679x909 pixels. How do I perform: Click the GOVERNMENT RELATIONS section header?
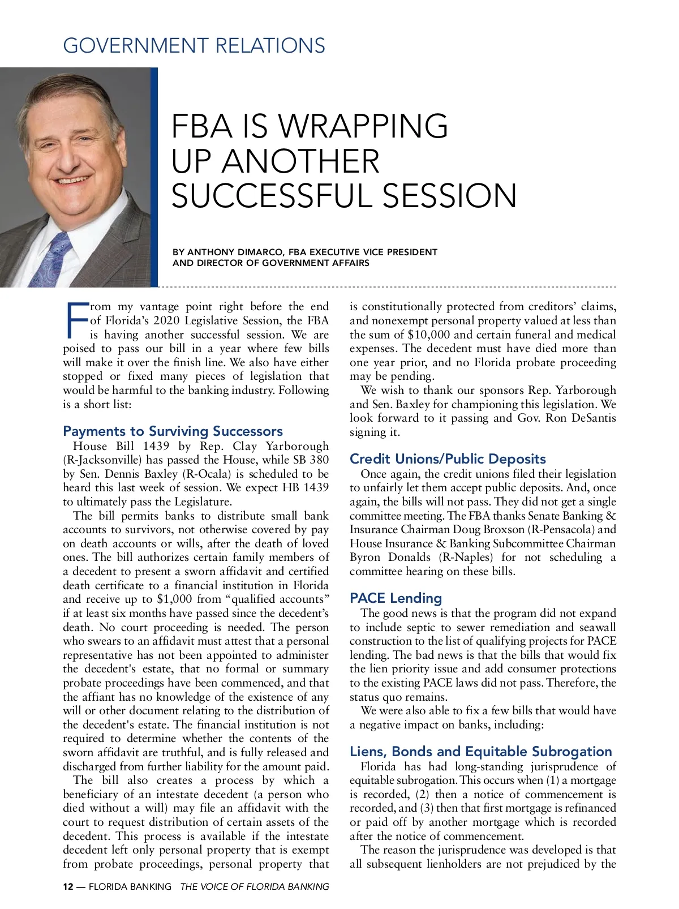(x=194, y=45)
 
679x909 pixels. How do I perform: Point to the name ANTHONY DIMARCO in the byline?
(x=235, y=252)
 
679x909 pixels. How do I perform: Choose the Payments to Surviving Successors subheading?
(x=173, y=431)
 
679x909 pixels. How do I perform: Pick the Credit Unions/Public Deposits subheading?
(x=448, y=459)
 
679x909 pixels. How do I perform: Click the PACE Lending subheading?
(x=396, y=598)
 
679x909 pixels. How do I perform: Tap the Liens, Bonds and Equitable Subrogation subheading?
(x=480, y=752)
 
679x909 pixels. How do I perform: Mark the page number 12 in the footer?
(x=68, y=887)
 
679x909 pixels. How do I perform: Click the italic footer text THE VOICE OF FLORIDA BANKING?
(x=254, y=887)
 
